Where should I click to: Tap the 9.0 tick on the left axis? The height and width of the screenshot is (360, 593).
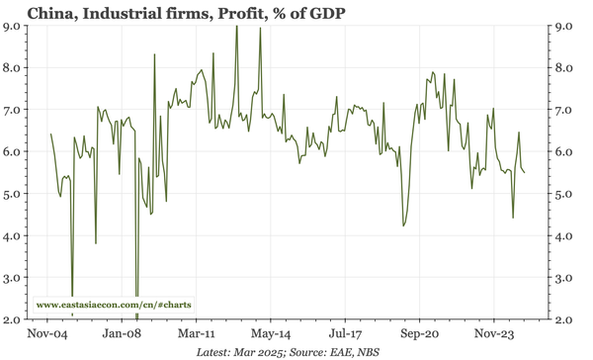14,26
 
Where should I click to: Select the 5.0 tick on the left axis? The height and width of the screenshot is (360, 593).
14,194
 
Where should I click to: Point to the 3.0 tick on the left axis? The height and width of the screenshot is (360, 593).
14,278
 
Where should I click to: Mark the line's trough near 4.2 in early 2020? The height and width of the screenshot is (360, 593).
403,226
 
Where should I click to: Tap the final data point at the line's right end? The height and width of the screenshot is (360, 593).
525,173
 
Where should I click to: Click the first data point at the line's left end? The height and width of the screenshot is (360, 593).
50,134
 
